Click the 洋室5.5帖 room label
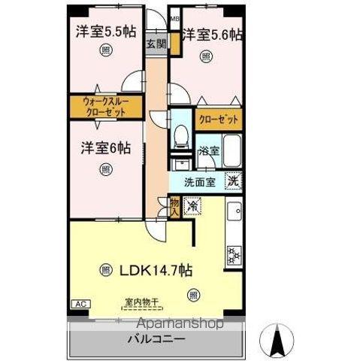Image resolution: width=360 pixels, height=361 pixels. pyautogui.click(x=104, y=32)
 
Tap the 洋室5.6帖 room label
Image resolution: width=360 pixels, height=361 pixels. pyautogui.click(x=213, y=34)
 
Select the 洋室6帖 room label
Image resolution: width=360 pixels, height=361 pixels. pyautogui.click(x=106, y=148)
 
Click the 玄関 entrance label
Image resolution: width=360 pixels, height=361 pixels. pyautogui.click(x=156, y=43)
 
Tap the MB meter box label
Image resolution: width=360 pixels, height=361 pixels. pyautogui.click(x=174, y=20)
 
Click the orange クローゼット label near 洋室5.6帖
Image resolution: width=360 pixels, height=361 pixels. pyautogui.click(x=219, y=120)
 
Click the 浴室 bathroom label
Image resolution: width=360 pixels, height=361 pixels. pyautogui.click(x=208, y=151)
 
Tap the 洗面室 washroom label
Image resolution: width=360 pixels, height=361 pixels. pyautogui.click(x=204, y=181)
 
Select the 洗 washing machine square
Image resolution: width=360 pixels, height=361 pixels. pyautogui.click(x=234, y=180)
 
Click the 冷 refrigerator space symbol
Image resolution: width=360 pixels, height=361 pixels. pyautogui.click(x=192, y=204)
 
